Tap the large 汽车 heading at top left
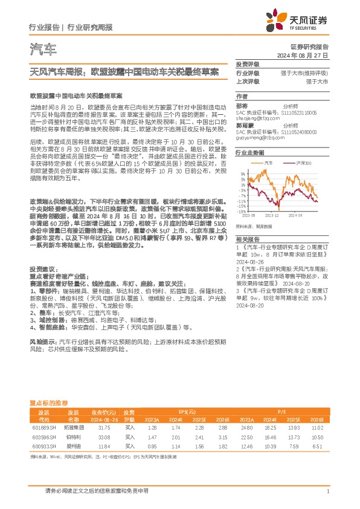[x=43, y=49]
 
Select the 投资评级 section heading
[x=247, y=64]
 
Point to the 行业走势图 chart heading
[x=249, y=153]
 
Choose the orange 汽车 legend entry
[x=266, y=163]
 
